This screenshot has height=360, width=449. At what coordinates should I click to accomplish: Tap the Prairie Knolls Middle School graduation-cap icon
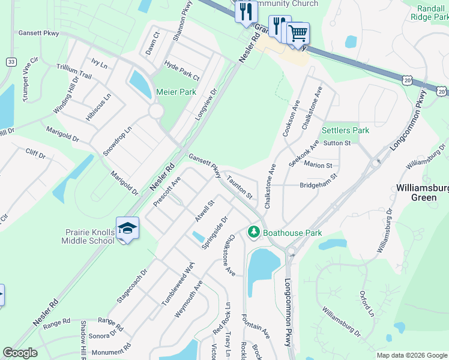coord(127,228)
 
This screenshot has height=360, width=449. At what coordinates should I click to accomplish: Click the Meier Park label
coord(176,92)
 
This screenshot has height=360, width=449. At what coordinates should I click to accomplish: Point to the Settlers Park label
coord(345,130)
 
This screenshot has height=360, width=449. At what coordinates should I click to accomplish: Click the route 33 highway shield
coord(11,62)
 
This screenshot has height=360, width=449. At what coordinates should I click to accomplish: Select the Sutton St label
coord(337,143)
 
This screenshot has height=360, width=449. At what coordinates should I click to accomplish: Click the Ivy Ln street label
coord(99,63)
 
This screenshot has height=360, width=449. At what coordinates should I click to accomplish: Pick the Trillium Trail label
coord(74,72)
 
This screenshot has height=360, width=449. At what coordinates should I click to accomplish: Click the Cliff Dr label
coord(35,154)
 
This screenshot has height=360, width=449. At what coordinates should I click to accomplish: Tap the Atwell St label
coord(204,211)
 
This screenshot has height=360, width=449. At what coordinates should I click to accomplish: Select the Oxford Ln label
coord(367,304)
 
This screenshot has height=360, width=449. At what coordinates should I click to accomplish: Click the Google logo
coord(20,353)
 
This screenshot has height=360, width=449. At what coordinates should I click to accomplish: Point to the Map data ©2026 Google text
coord(411,355)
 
